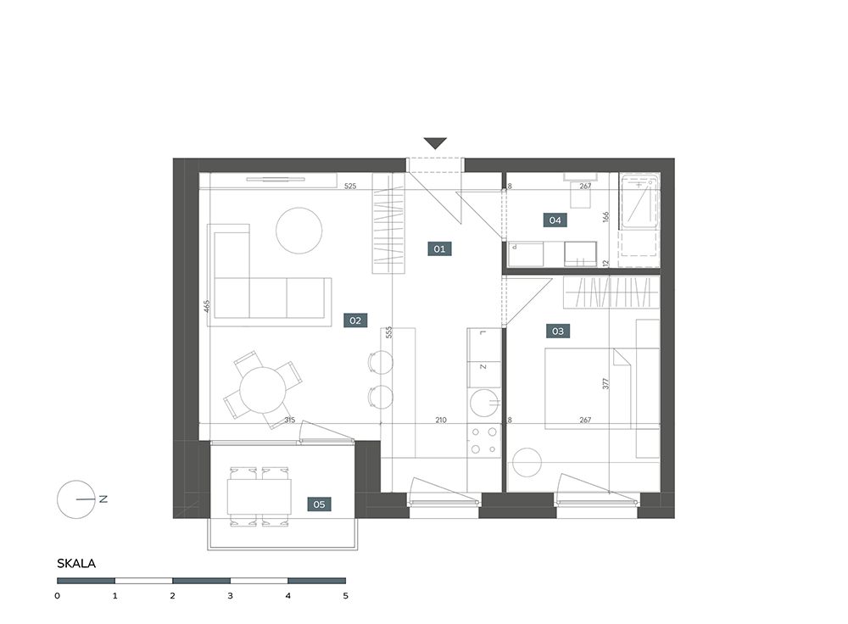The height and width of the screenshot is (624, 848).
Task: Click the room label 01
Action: [439, 248]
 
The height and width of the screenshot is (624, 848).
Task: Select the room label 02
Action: [355, 320]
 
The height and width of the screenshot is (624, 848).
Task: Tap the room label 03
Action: [558, 331]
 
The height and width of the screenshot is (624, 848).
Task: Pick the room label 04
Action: [555, 220]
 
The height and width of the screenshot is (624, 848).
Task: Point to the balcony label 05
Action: [319, 504]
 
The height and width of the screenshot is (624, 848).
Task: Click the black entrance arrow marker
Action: [435, 143]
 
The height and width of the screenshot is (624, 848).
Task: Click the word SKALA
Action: [76, 564]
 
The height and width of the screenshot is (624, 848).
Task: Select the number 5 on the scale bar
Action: [346, 596]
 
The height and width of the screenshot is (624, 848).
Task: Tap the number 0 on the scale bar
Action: [58, 596]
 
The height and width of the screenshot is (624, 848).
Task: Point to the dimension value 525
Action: [350, 186]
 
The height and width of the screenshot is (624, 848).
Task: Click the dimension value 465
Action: [207, 306]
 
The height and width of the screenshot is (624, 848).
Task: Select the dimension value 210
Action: [441, 420]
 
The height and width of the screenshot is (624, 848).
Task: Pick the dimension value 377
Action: [605, 383]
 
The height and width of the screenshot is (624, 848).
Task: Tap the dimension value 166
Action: [605, 216]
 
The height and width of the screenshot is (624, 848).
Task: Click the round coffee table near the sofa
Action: [299, 231]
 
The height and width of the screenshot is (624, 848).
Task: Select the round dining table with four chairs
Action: [263, 390]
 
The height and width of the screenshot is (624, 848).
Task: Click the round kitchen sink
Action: [484, 403]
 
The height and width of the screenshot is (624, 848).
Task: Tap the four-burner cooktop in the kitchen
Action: [484, 440]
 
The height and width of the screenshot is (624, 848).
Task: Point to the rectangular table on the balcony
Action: [259, 496]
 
